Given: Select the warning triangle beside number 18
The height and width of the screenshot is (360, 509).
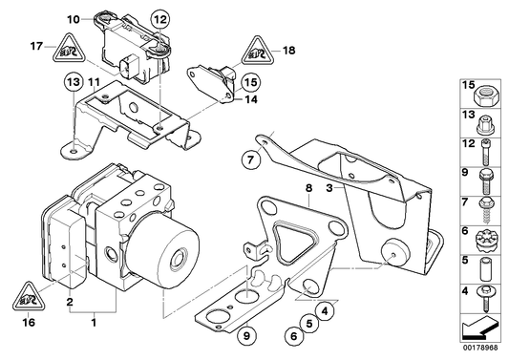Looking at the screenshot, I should point(261,46).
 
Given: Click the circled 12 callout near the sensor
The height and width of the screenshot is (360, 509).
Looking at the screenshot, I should point(159,18).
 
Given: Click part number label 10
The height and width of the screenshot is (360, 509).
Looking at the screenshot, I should point(74,18).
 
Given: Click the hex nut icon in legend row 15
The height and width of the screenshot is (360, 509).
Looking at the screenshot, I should point(484,96).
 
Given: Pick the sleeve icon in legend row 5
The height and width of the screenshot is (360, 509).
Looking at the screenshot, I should point(484,261).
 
